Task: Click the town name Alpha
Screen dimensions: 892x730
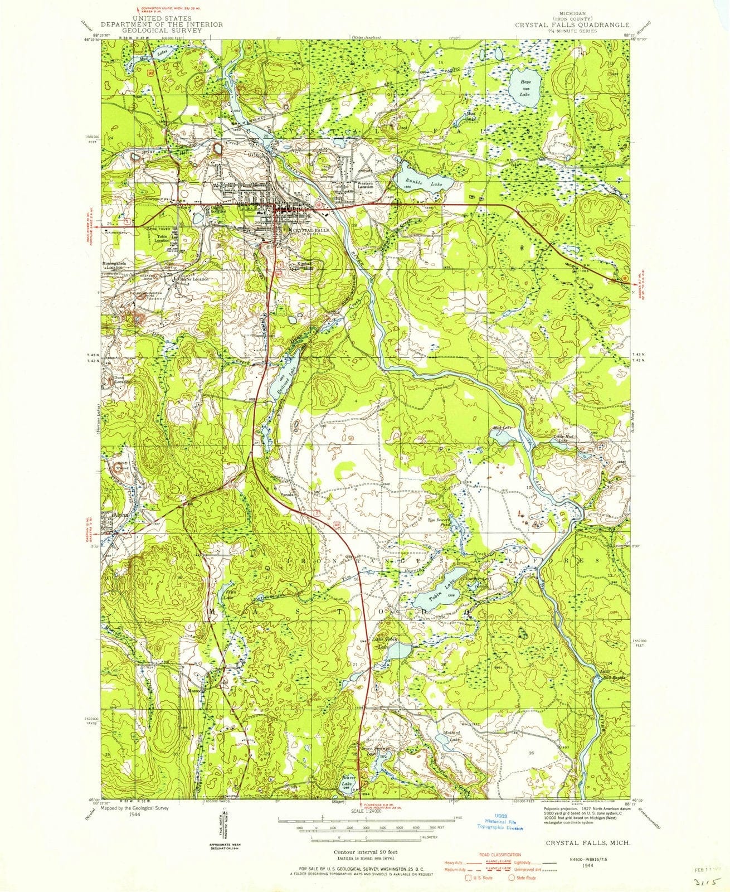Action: point(120,516)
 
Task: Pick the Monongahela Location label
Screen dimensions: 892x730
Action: point(119,264)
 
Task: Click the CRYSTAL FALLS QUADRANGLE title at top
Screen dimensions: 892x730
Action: point(572,25)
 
